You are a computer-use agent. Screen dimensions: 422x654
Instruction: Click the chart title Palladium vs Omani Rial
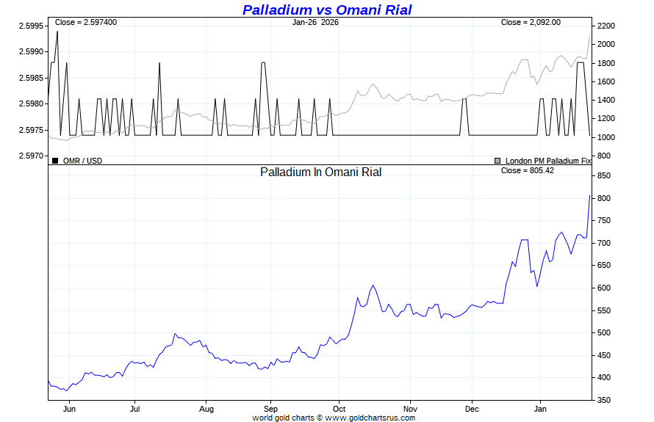pyautogui.click(x=327, y=10)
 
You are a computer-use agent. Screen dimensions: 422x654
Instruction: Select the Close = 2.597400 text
pyautogui.click(x=86, y=22)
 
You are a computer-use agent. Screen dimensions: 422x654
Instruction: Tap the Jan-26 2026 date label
pyautogui.click(x=315, y=22)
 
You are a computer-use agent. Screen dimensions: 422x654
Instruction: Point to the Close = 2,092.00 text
pyautogui.click(x=531, y=22)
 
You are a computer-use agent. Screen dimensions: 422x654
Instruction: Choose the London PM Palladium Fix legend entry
pyautogui.click(x=547, y=160)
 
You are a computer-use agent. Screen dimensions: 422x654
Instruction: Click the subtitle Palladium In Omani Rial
pyautogui.click(x=321, y=172)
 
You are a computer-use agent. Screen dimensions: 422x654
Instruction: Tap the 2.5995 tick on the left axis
pyautogui.click(x=31, y=26)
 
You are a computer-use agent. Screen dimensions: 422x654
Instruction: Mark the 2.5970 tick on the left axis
pyautogui.click(x=31, y=156)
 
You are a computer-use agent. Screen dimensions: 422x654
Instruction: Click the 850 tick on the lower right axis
pyautogui.click(x=604, y=176)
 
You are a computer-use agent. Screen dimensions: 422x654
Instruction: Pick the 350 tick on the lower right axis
pyautogui.click(x=604, y=400)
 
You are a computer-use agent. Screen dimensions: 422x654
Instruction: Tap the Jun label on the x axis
pyautogui.click(x=70, y=409)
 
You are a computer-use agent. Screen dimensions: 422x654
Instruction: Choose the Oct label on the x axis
pyautogui.click(x=339, y=409)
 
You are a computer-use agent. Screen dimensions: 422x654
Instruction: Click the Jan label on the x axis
pyautogui.click(x=540, y=409)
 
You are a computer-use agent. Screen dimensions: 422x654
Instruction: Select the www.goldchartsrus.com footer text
pyautogui.click(x=370, y=418)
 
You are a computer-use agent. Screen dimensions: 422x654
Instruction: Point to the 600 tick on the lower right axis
pyautogui.click(x=604, y=288)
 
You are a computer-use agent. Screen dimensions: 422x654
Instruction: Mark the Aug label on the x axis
pyautogui.click(x=206, y=409)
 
